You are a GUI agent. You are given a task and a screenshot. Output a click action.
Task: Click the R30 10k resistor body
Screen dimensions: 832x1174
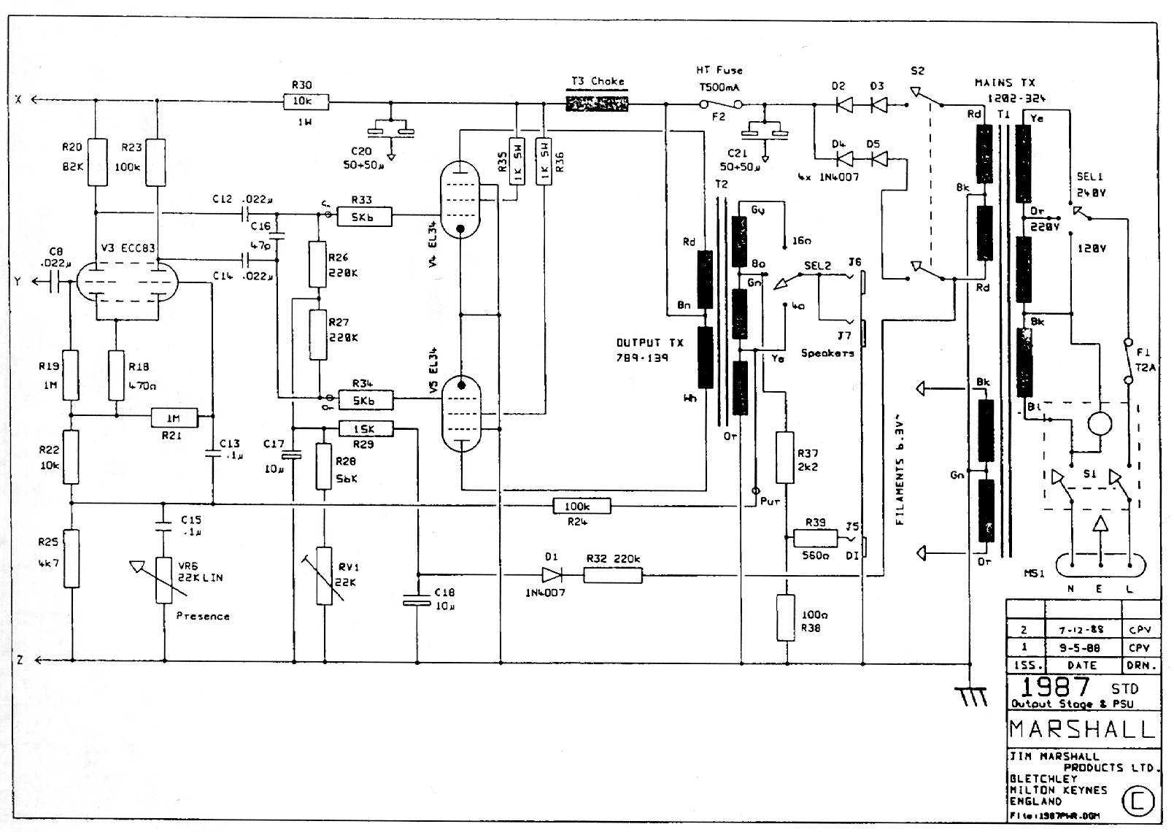[x=306, y=102]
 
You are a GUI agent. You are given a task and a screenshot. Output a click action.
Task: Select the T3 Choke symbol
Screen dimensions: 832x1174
[x=598, y=104]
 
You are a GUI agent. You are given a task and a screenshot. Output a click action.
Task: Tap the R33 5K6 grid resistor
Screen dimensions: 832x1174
[x=362, y=216]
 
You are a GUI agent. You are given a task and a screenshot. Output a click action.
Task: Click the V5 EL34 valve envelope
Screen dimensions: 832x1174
[x=460, y=413]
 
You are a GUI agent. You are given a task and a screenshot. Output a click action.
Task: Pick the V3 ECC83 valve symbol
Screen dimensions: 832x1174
[x=128, y=282]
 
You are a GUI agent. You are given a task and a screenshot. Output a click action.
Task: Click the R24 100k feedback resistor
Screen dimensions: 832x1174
[x=582, y=506]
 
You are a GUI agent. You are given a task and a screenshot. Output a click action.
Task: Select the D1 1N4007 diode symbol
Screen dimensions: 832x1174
[x=552, y=574]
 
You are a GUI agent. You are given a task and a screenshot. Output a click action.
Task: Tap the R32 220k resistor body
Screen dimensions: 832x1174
[x=613, y=575]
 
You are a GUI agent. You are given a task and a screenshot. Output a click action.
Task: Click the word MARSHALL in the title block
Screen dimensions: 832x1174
[x=1083, y=729]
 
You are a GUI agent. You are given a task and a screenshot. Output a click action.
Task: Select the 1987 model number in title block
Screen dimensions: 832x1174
[x=1055, y=687]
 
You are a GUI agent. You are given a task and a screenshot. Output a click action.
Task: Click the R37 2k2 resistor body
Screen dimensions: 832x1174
[x=784, y=458]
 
